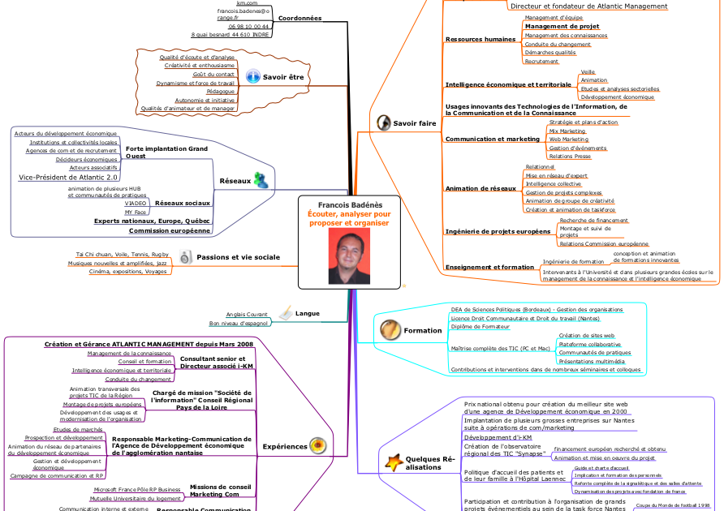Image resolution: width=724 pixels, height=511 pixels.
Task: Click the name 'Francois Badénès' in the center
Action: [350, 205]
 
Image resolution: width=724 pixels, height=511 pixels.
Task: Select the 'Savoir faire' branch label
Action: [414, 123]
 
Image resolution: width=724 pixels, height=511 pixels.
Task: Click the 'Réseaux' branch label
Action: [235, 181]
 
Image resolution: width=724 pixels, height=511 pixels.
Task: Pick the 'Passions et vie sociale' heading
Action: [238, 257]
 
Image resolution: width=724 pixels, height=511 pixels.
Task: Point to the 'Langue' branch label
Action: [307, 313]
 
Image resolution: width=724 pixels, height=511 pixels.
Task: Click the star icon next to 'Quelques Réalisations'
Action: [394, 462]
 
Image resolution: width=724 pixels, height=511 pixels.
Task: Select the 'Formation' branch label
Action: [423, 330]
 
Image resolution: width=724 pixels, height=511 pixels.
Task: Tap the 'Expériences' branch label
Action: [284, 446]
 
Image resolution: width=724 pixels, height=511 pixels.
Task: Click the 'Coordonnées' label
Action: [300, 18]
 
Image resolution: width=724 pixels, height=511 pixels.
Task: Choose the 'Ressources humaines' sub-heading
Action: [481, 39]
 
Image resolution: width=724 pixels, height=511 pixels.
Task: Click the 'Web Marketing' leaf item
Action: [568, 140]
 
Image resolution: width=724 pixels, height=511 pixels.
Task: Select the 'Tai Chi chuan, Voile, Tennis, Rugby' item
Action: [122, 254]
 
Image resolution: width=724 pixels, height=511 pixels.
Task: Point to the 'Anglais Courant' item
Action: [247, 314]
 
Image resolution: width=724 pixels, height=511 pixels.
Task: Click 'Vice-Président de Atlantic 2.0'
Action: [68, 177]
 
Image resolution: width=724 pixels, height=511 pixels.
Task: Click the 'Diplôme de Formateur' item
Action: [480, 326]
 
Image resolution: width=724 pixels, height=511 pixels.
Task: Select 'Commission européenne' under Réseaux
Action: [170, 230]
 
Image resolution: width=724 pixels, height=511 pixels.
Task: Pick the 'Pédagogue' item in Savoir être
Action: [220, 91]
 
